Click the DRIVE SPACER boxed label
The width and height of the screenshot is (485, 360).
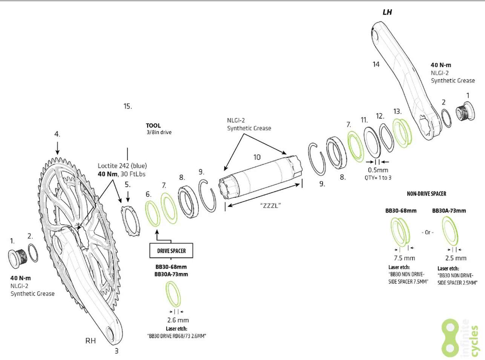pyautogui.click(x=171, y=251)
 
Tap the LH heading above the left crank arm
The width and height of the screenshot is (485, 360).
pyautogui.click(x=387, y=12)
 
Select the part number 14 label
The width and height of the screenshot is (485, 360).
pyautogui.click(x=376, y=64)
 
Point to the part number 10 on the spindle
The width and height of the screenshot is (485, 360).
pyautogui.click(x=257, y=157)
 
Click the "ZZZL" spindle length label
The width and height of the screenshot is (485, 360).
pyautogui.click(x=271, y=205)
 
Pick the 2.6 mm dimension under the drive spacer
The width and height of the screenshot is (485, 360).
pyautogui.click(x=178, y=320)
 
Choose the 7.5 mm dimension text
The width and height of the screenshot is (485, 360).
pyautogui.click(x=404, y=258)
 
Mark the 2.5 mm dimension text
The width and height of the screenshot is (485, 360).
pyautogui.click(x=456, y=258)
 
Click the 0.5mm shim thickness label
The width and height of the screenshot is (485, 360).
pyautogui.click(x=378, y=170)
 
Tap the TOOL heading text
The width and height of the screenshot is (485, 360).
pyautogui.click(x=153, y=126)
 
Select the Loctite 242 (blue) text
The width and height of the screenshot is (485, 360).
pyautogui.click(x=122, y=165)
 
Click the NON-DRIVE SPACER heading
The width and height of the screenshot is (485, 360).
pyautogui.click(x=426, y=194)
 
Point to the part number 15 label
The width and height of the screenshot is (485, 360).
pyautogui.click(x=127, y=106)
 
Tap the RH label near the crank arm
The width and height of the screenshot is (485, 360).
pyautogui.click(x=91, y=341)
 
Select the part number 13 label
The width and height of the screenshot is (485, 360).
pyautogui.click(x=397, y=112)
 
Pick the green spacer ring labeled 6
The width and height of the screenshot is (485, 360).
pyautogui.click(x=153, y=213)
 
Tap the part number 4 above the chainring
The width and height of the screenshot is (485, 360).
pyautogui.click(x=57, y=134)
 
